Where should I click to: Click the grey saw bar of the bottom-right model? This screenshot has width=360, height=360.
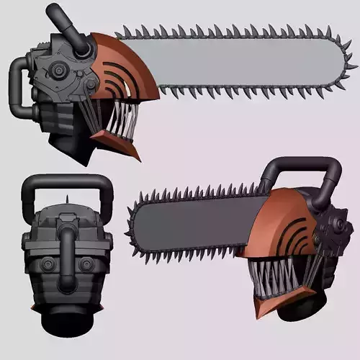194,223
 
